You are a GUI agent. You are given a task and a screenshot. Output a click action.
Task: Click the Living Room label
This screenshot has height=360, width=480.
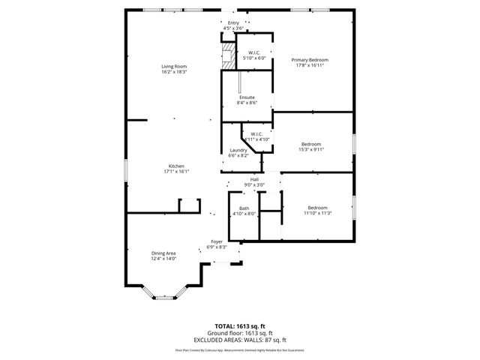pos(174,67)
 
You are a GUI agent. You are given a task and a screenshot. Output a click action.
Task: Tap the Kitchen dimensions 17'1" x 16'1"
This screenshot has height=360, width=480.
pos(176,172)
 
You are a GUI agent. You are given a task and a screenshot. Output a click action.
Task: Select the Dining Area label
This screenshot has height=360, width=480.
pos(163,253)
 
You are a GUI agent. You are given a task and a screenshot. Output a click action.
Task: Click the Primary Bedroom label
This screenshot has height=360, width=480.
pos(310,60)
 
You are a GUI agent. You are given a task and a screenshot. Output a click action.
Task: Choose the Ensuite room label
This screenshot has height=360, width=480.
pos(247,97)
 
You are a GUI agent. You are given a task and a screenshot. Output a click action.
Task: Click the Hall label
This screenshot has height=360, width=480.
pos(254,179)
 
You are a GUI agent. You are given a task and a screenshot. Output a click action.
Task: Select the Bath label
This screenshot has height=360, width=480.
pos(244,208)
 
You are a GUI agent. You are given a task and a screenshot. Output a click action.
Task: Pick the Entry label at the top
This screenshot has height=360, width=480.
pos(233,23)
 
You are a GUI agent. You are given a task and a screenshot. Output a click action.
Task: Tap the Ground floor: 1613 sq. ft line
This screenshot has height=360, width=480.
pos(240,333)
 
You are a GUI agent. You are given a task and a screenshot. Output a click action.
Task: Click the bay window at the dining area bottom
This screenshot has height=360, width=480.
pos(163,298)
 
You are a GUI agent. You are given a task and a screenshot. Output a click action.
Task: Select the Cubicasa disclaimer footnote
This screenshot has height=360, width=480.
pos(240,349)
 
